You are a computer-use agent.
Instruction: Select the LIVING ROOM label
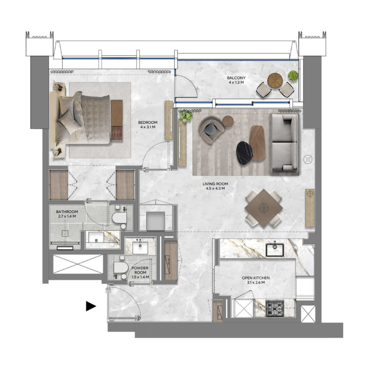coord(215,186)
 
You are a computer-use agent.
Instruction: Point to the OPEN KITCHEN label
coord(256,280)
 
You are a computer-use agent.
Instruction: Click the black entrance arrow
coord(91,306)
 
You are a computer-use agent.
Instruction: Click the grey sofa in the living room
coord(284,143)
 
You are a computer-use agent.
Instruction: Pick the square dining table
coord(264,208)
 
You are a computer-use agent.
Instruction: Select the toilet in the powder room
coord(120,270)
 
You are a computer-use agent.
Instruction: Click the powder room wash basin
coord(140,247)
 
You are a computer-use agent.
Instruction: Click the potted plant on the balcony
coord(293,75)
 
